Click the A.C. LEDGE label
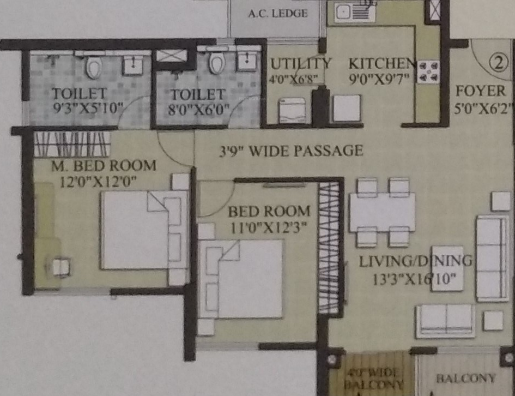(x=278, y=14)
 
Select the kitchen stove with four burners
(x=428, y=72)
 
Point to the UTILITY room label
(x=301, y=63)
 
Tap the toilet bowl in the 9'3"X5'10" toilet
(x=94, y=68)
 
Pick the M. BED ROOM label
(x=104, y=165)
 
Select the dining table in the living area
(x=383, y=212)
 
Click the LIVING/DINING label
(x=415, y=261)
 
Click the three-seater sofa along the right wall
(x=492, y=258)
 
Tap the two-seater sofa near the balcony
(x=445, y=320)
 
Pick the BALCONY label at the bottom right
(x=465, y=378)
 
